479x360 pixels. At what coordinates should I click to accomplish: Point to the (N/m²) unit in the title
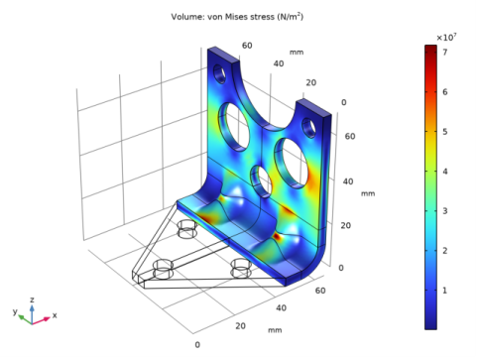291,17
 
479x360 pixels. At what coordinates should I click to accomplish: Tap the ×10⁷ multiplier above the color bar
446,38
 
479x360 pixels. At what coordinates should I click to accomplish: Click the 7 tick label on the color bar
445,53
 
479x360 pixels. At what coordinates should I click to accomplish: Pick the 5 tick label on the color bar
445,132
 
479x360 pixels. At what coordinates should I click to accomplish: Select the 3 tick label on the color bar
445,211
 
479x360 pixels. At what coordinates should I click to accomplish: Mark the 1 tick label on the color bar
445,291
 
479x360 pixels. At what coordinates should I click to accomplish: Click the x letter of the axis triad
55,315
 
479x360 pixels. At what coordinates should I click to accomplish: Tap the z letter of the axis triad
32,300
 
